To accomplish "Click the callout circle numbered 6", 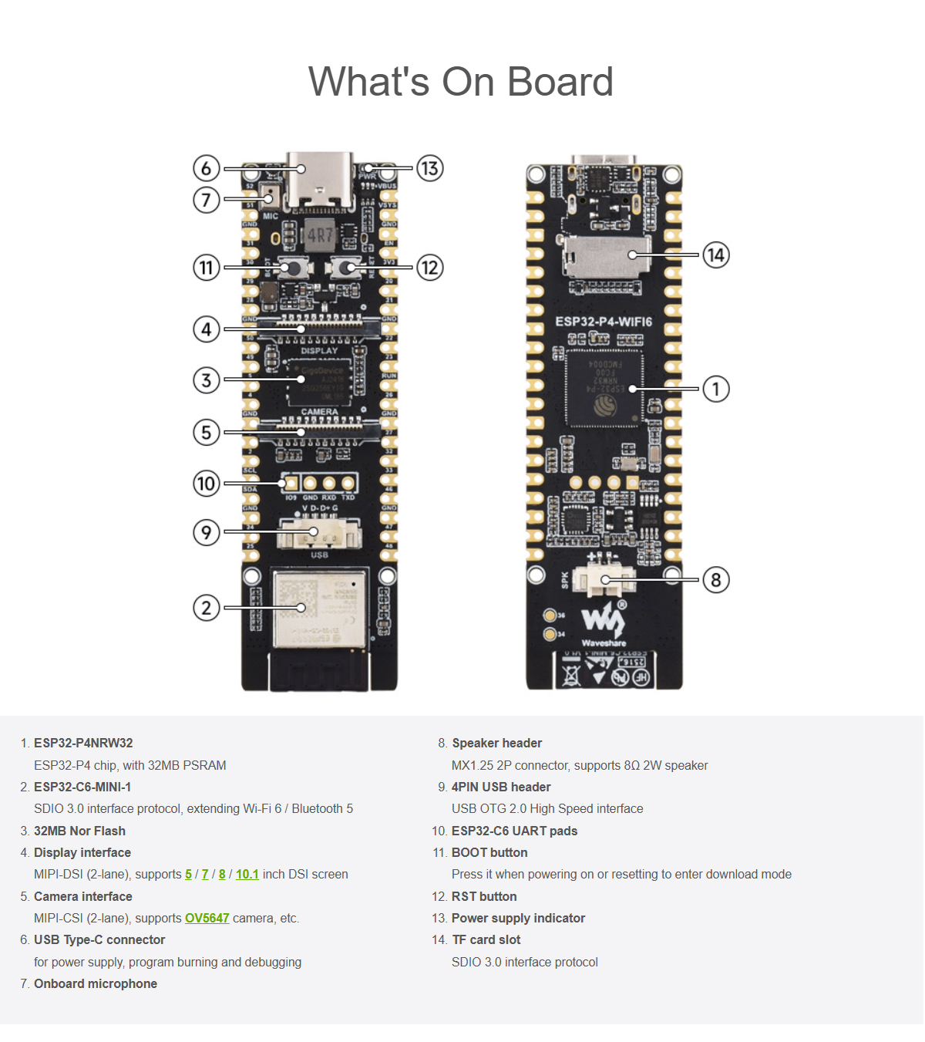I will coord(206,168).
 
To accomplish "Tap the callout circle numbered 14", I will coord(716,255).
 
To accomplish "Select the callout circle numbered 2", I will coord(206,608).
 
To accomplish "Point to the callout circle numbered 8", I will coord(716,580).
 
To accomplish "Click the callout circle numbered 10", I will coord(206,484).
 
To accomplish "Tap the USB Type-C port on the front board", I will coord(320,181).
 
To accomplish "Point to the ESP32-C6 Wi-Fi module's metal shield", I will coord(319,608).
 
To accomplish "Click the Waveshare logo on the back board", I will coord(604,622).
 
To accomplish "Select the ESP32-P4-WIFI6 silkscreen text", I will coord(604,322).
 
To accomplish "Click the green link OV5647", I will coord(207,918).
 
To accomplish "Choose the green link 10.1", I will coord(247,874).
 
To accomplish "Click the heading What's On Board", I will coord(461,82).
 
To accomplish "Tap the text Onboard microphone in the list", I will coord(96,983).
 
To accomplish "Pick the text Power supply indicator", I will coord(518,918).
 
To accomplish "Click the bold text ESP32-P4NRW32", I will coord(83,743).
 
